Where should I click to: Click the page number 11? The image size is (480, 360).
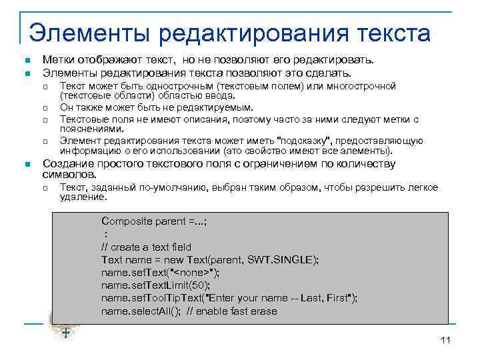[x=446, y=341]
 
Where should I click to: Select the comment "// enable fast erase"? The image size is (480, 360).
[x=231, y=311]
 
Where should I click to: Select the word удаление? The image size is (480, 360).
[x=83, y=197]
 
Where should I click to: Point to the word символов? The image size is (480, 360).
[x=65, y=173]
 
